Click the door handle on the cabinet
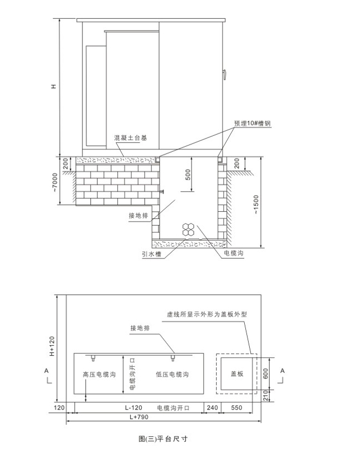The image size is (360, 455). click(224, 74)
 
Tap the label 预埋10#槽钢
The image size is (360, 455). click(253, 124)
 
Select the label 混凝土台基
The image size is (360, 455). click(131, 138)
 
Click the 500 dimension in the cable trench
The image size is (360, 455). click(188, 175)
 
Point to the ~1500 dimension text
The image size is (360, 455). click(256, 205)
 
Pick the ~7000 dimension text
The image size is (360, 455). click(55, 182)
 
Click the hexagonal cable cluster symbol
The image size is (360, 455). click(188, 229)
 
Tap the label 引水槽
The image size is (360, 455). click(151, 254)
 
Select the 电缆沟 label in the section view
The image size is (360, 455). click(234, 253)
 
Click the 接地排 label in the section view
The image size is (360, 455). click(138, 216)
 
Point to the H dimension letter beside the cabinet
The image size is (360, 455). click(54, 86)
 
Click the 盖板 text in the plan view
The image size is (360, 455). click(236, 374)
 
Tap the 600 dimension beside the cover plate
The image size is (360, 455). click(265, 374)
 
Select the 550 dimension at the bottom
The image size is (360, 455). click(236, 408)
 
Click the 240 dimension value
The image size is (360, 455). click(212, 408)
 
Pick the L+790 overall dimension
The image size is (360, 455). click(139, 417)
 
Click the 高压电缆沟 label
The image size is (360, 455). click(99, 374)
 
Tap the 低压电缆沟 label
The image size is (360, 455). click(172, 374)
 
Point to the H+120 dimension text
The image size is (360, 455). click(52, 346)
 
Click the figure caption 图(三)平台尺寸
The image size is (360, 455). click(163, 438)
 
